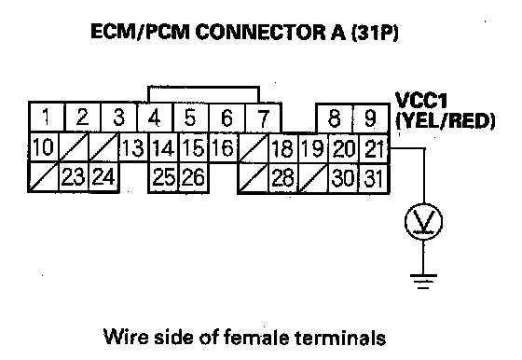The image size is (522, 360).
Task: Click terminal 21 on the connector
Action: [x=374, y=148]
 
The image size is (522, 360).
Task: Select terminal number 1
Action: [x=47, y=118]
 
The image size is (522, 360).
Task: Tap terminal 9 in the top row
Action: [x=371, y=118]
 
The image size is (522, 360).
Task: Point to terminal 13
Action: [x=133, y=148]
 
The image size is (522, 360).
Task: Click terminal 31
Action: [x=374, y=178]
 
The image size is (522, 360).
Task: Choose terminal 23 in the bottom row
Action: [x=74, y=177]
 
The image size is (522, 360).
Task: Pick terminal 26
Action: [x=194, y=177]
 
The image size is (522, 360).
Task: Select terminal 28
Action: [x=283, y=178]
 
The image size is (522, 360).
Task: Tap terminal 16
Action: [x=223, y=147]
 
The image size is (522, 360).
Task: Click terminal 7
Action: [x=263, y=118]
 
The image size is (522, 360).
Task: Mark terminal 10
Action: [x=44, y=147]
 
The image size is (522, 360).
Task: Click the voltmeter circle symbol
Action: [x=423, y=221]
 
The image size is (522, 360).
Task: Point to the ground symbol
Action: [x=423, y=282]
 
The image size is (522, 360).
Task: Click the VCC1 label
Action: [x=420, y=100]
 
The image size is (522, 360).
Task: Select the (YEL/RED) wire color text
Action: [x=446, y=120]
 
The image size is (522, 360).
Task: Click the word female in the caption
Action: [x=256, y=337]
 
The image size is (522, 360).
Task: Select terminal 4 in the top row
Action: [x=154, y=118]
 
